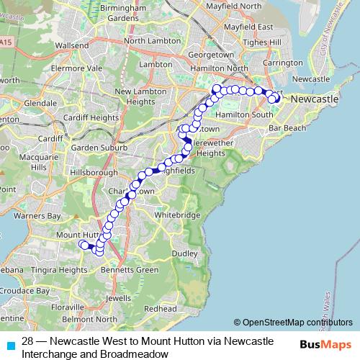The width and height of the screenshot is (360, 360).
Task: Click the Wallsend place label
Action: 71,45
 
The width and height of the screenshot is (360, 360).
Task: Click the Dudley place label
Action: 184,253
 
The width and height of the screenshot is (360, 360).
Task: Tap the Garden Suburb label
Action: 99,148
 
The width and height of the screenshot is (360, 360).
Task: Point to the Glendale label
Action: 40,103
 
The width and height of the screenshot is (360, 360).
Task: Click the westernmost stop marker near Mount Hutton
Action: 84,246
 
